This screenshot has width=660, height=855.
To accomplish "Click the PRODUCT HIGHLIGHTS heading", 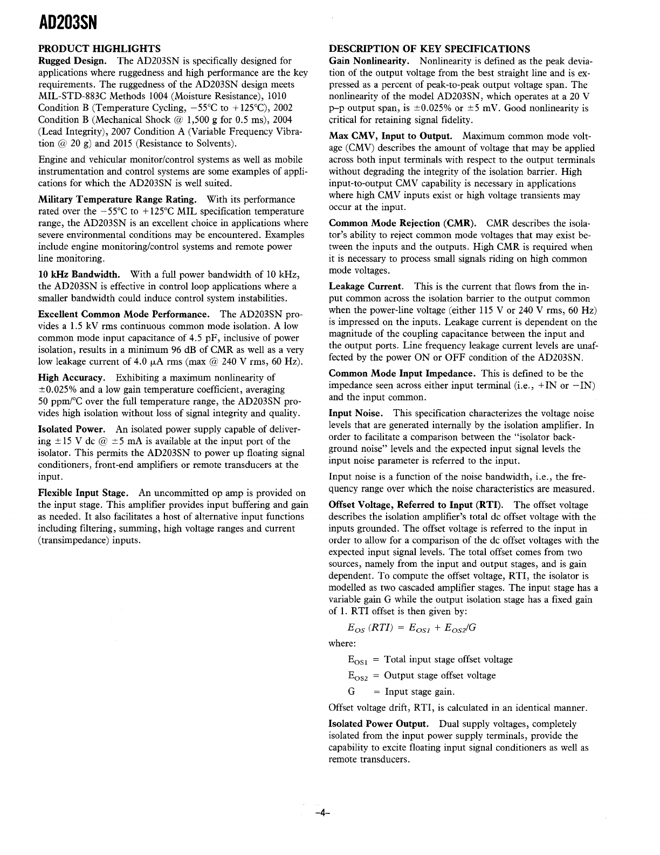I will (x=100, y=49).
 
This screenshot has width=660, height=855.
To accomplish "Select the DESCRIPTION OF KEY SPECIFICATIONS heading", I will (x=429, y=49).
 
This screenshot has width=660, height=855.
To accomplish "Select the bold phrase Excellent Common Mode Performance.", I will (x=123, y=314).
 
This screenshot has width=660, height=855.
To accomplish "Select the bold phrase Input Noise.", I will (x=356, y=413).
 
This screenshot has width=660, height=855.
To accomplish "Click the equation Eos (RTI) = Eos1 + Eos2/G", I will (x=412, y=628).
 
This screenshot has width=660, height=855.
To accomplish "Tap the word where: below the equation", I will (x=342, y=644).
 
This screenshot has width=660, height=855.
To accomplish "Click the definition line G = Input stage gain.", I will (x=401, y=692).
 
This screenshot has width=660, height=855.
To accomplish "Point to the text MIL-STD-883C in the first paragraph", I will (x=66, y=96).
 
